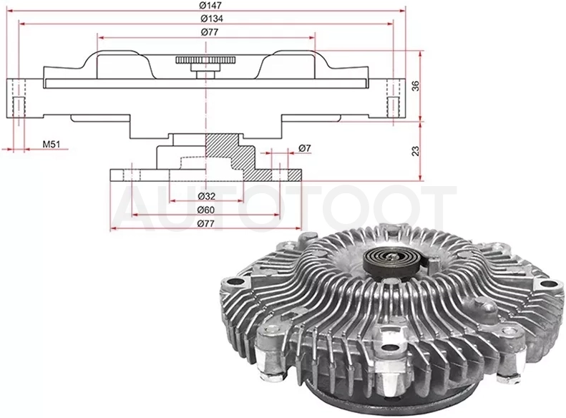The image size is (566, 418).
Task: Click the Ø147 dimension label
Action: pos(210,6)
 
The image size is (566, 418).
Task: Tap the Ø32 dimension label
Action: pos(207,196)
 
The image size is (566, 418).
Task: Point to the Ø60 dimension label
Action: pos(206,210)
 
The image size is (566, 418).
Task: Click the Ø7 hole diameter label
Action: pos(305,148)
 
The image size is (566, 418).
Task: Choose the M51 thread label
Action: pos(51,145)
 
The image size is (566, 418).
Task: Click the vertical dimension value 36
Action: pos(416,86)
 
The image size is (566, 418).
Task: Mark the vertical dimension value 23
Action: pos(416,151)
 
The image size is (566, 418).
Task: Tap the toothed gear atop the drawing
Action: pos(206,60)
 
